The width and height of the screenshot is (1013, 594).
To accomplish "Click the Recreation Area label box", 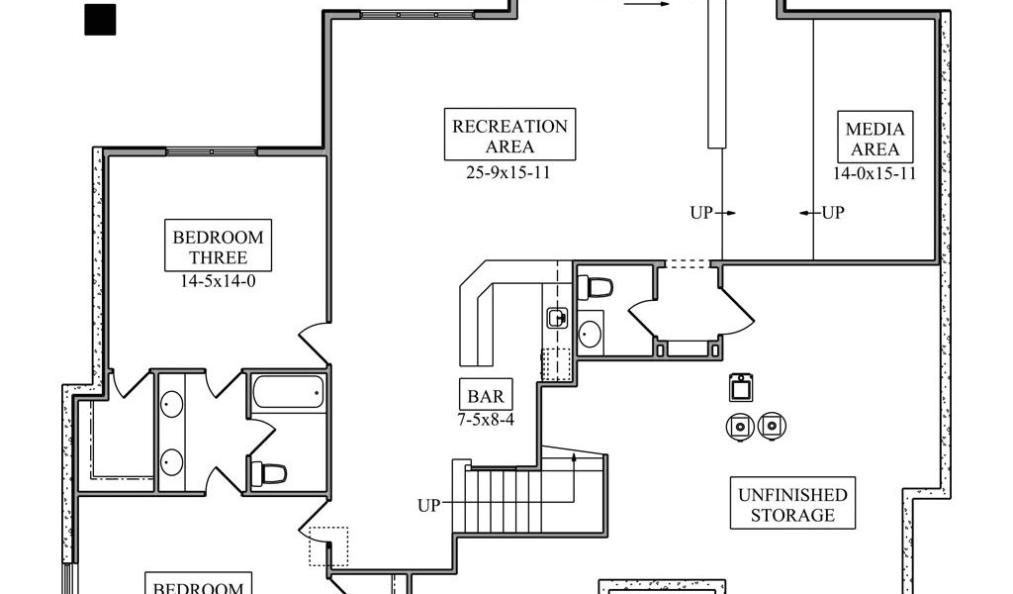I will tap(509, 136).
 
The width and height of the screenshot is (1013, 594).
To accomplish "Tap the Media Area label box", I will tap(875, 139).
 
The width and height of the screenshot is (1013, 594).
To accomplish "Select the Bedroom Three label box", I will tap(219, 247).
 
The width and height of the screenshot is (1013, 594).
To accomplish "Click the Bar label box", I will tap(485, 397).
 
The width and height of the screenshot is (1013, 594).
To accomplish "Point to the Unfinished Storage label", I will tap(792, 505).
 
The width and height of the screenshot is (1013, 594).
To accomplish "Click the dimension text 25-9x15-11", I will tap(508, 171).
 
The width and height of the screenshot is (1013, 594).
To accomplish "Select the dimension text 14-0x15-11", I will tap(875, 173).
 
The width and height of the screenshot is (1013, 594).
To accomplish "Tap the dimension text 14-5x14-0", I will tap(219, 280).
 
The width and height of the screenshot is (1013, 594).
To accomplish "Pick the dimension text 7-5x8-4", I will tap(485, 420).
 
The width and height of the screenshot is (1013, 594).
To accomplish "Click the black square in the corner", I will tap(100, 20).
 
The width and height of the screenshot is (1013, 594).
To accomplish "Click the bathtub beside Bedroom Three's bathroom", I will tap(289, 393).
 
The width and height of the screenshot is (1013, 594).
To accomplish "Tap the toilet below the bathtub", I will tap(269, 472).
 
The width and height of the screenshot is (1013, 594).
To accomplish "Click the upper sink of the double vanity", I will tap(172, 404).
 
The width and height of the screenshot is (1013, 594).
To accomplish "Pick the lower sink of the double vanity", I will tap(172, 460).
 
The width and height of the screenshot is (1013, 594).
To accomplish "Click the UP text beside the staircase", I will tap(428, 506).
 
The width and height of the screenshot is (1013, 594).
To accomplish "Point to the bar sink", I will tap(556, 318).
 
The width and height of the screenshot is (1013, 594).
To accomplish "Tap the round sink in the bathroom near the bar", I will tap(591, 331).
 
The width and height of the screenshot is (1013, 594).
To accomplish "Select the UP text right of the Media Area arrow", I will tap(833, 212).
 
